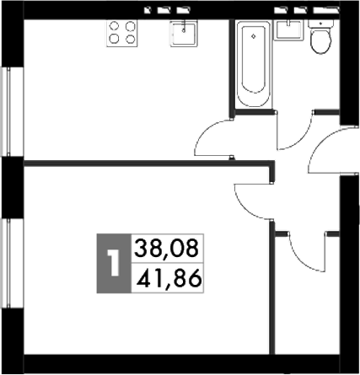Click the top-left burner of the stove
(x=115, y=27)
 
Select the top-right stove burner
(x=130, y=27)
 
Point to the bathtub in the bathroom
(x=254, y=63)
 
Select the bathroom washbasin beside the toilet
(x=289, y=28)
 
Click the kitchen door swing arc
(x=211, y=135)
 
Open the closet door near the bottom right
(x=304, y=249)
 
